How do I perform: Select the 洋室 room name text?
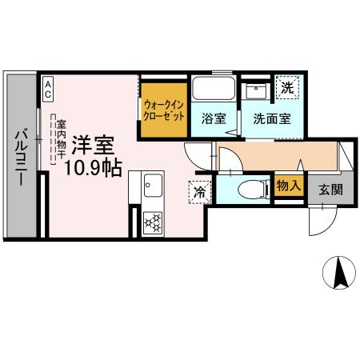click(x=94, y=146)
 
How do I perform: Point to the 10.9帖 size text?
click(x=94, y=170)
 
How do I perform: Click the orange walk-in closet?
click(x=165, y=108)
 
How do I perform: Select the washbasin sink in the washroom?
click(x=255, y=90)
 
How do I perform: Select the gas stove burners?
click(x=152, y=220)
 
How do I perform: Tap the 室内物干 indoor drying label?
click(x=59, y=140)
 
